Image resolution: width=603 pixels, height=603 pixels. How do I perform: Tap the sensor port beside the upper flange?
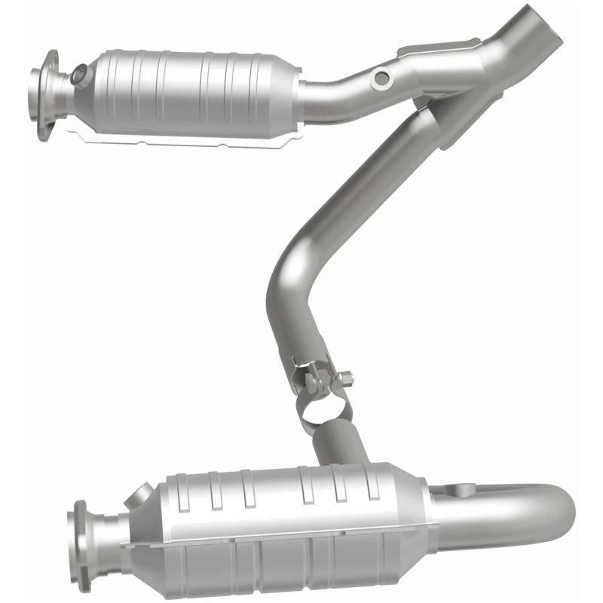point(78,75)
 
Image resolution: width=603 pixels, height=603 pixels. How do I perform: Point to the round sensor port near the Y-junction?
point(383,77)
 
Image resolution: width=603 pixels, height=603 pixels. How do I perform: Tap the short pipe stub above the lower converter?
point(339,445)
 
